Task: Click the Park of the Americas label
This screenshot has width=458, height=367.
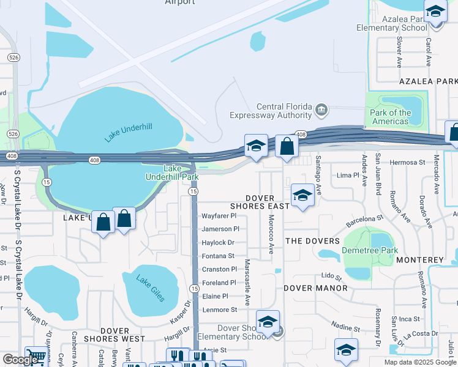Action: (x=391, y=117)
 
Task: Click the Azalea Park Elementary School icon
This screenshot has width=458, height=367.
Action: (x=435, y=12)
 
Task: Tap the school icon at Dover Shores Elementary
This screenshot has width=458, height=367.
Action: (x=268, y=322)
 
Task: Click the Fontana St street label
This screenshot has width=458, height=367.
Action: (x=218, y=256)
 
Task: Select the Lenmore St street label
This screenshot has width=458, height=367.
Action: (x=219, y=310)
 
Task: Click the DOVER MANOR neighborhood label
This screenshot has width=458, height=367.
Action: (x=315, y=287)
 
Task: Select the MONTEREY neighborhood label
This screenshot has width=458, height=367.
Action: (x=419, y=260)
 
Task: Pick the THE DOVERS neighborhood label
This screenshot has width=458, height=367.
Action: (x=312, y=241)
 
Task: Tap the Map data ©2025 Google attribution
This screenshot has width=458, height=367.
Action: (x=420, y=362)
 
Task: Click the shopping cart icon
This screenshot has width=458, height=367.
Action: (x=37, y=358)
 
